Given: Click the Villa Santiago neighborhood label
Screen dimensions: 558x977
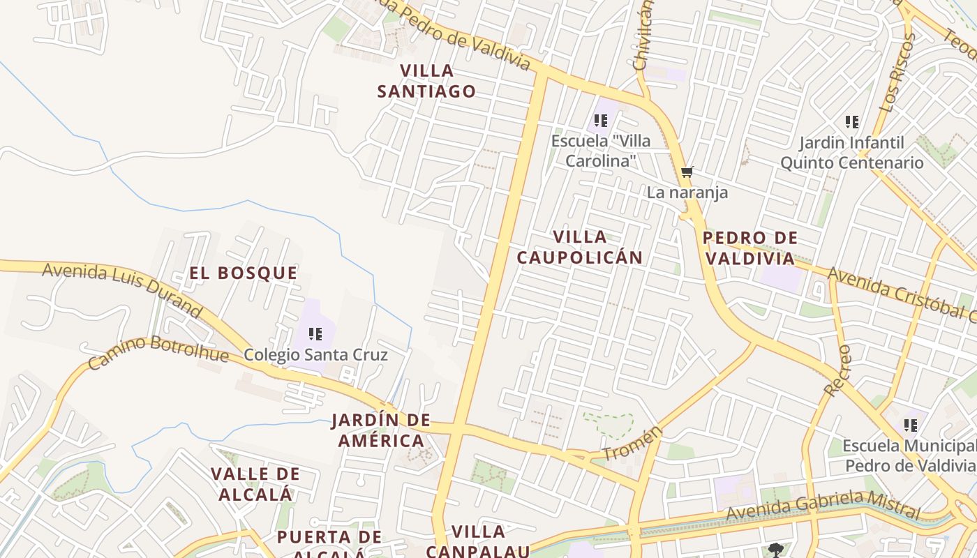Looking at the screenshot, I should pyautogui.click(x=426, y=81).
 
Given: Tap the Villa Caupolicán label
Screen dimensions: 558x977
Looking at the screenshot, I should pyautogui.click(x=579, y=247).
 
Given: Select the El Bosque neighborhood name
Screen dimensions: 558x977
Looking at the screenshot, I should pyautogui.click(x=244, y=273).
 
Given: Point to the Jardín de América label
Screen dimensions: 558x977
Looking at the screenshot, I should pyautogui.click(x=381, y=430).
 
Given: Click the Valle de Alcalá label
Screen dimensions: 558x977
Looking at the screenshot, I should pyautogui.click(x=255, y=484).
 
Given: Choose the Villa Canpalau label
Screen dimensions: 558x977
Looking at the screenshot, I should pyautogui.click(x=478, y=541).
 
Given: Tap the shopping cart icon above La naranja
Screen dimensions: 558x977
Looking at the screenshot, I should pyautogui.click(x=687, y=172).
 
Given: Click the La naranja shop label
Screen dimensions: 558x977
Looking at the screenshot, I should pyautogui.click(x=687, y=193).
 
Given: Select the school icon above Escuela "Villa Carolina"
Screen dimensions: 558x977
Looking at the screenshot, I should pyautogui.click(x=601, y=121).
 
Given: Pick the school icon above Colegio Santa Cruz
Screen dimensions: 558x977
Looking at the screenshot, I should pyautogui.click(x=315, y=334).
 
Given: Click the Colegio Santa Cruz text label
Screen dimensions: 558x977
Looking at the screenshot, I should pyautogui.click(x=315, y=355).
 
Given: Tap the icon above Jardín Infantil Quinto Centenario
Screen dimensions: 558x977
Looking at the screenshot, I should pyautogui.click(x=851, y=122).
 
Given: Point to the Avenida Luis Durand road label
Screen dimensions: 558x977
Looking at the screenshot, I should pyautogui.click(x=122, y=290).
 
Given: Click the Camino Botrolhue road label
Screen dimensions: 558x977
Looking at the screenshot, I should pyautogui.click(x=158, y=352).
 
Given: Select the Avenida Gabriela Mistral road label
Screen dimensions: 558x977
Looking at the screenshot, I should pyautogui.click(x=823, y=506).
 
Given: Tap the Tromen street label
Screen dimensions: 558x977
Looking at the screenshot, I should pyautogui.click(x=632, y=444).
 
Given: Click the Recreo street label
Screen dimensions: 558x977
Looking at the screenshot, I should pyautogui.click(x=837, y=370).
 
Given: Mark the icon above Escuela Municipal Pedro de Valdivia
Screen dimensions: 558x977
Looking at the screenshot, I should pyautogui.click(x=910, y=425).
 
